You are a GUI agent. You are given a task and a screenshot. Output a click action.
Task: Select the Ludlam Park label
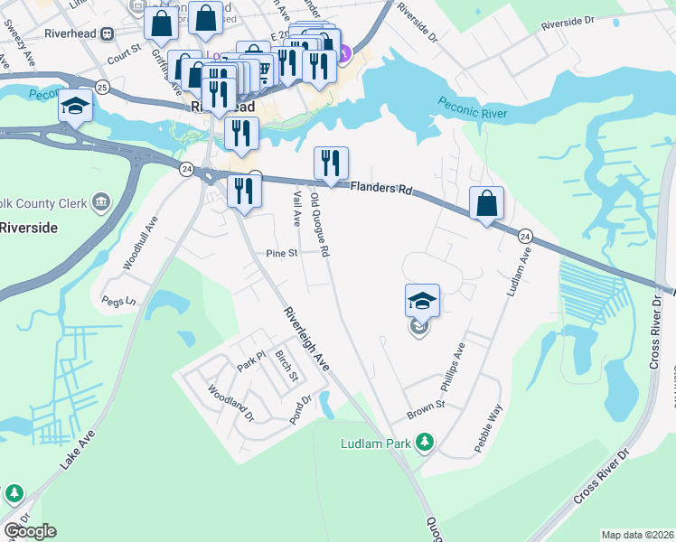point(375,444)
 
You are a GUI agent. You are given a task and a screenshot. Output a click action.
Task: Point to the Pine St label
point(281,254)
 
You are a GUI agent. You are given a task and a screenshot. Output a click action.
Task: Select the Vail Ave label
point(296,208)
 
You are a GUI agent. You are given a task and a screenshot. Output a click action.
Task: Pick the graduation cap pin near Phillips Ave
point(422,300)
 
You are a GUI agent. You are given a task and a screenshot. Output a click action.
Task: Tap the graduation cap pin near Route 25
point(76,107)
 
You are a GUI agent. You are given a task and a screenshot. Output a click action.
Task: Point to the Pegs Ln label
point(118,301)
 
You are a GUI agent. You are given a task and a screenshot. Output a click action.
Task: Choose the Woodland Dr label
point(230,404)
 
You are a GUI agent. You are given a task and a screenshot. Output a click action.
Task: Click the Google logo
point(30,531)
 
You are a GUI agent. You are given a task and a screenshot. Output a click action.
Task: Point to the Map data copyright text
point(637,535)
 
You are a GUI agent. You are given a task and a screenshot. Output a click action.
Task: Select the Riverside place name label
point(28,228)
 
